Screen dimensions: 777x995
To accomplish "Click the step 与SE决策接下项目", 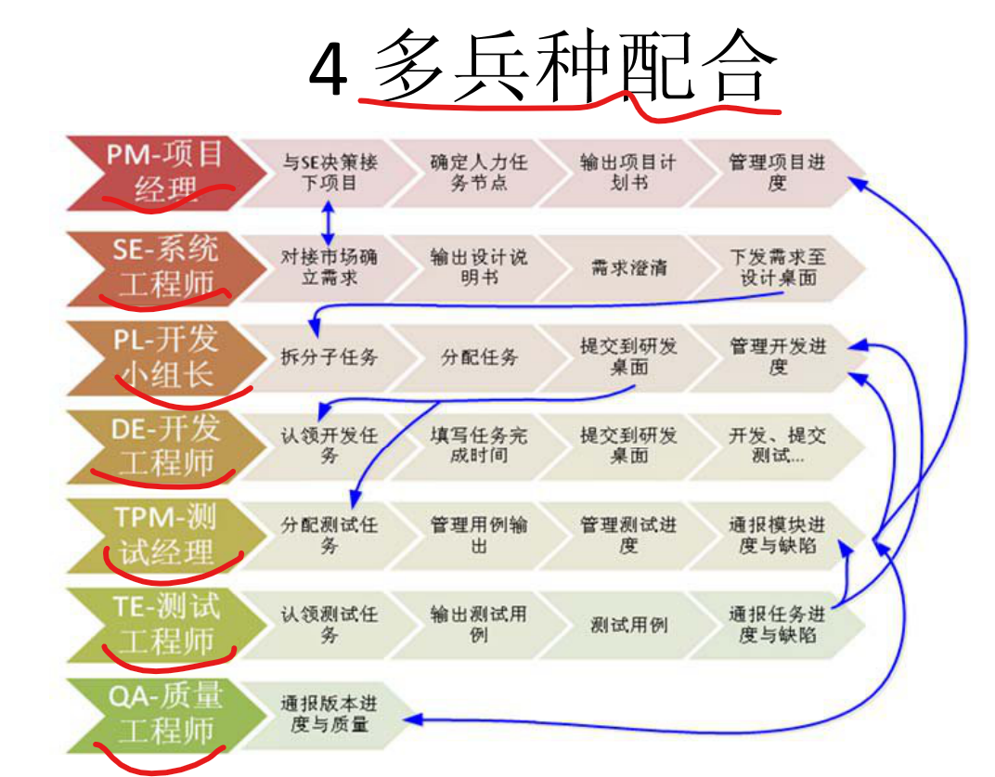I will pyautogui.click(x=330, y=173).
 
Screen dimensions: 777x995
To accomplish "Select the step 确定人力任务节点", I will pyautogui.click(x=479, y=173).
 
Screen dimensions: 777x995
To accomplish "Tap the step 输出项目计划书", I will pyautogui.click(x=628, y=173).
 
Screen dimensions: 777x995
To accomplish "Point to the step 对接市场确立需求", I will pyautogui.click(x=330, y=266).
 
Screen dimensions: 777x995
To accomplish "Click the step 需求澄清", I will pyautogui.click(x=628, y=268).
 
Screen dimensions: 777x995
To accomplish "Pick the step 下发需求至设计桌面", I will pyautogui.click(x=778, y=266).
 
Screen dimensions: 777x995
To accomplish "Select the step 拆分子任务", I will pyautogui.click(x=330, y=357).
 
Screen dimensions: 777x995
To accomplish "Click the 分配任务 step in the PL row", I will pyautogui.click(x=479, y=357).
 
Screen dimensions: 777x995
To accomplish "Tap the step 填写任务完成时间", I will pyautogui.click(x=479, y=446).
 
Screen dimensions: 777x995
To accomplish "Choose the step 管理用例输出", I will pyautogui.click(x=479, y=536).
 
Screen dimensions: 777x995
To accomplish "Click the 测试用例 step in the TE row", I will pyautogui.click(x=628, y=625).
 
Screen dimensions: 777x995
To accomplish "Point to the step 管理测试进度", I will pyautogui.click(x=628, y=536).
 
